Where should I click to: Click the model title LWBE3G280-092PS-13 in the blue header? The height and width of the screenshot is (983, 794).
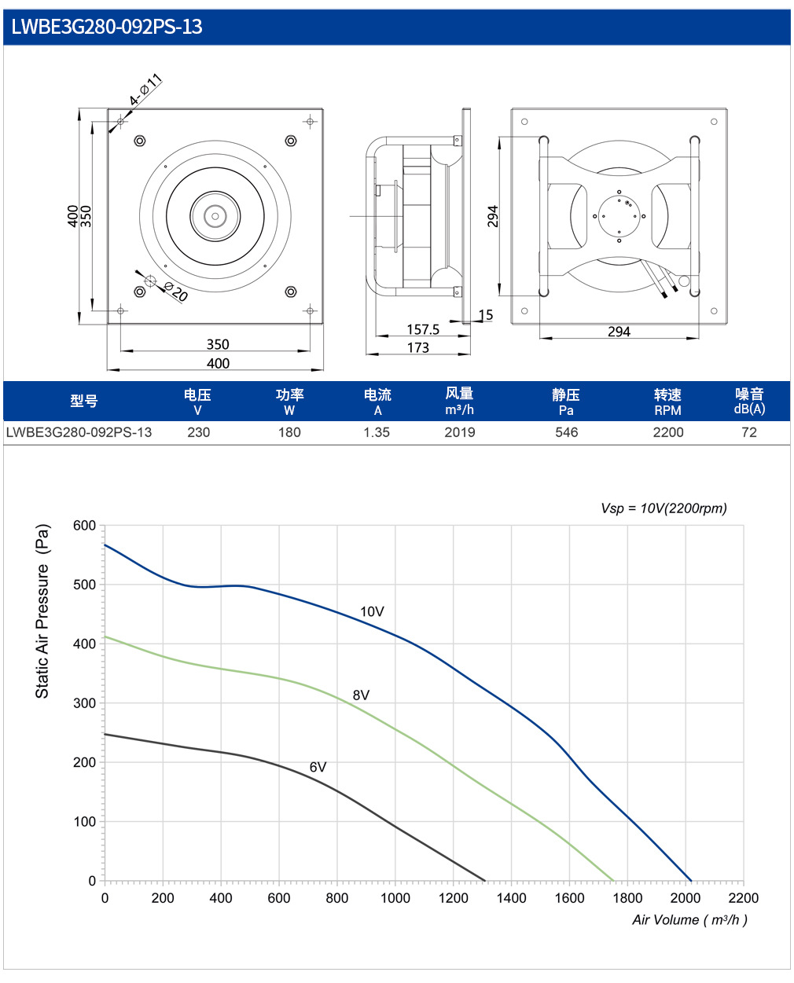pyautogui.click(x=107, y=27)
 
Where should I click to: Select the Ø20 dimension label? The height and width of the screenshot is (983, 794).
pyautogui.click(x=176, y=292)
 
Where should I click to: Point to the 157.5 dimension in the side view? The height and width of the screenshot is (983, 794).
pyautogui.click(x=422, y=329)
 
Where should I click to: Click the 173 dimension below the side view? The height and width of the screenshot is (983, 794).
pyautogui.click(x=417, y=347)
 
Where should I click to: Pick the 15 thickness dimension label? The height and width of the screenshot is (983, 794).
pyautogui.click(x=485, y=315)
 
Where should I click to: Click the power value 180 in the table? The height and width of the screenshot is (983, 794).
pyautogui.click(x=289, y=432)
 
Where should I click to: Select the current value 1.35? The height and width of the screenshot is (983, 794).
pyautogui.click(x=377, y=432)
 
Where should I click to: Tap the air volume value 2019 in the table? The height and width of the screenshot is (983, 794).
pyautogui.click(x=459, y=432)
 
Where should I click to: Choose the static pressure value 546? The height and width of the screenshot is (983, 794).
pyautogui.click(x=566, y=432)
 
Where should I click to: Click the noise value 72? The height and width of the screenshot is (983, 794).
pyautogui.click(x=748, y=432)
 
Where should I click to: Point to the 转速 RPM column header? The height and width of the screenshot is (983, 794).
pyautogui.click(x=667, y=402)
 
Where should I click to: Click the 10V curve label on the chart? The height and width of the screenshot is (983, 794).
pyautogui.click(x=372, y=611)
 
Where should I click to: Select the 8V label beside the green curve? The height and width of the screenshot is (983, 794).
pyautogui.click(x=361, y=695)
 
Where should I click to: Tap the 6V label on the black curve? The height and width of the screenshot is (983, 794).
pyautogui.click(x=318, y=767)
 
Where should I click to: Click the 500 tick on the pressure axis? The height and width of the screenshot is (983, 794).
pyautogui.click(x=84, y=585)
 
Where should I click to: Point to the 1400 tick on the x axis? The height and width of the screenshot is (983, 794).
pyautogui.click(x=511, y=897)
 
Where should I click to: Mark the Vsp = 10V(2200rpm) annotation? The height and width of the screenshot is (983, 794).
pyautogui.click(x=664, y=508)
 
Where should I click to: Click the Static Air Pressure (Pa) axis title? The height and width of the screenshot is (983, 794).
pyautogui.click(x=42, y=611)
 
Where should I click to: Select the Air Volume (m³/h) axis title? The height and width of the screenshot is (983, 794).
pyautogui.click(x=689, y=920)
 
